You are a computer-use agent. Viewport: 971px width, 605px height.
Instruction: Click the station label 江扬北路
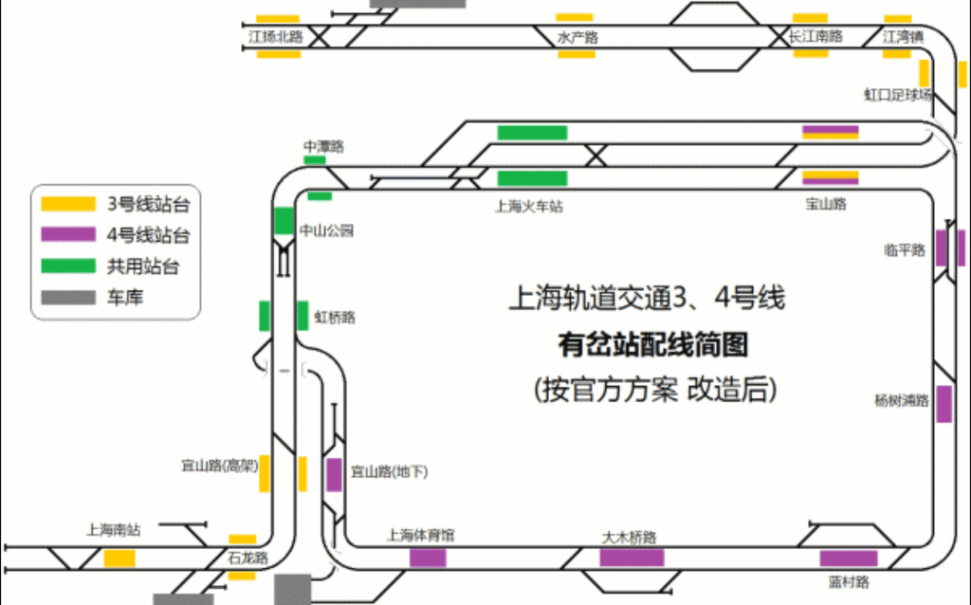point(276,37)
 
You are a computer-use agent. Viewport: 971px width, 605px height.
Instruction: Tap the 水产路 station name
point(577,38)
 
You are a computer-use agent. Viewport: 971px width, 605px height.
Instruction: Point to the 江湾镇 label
point(903,37)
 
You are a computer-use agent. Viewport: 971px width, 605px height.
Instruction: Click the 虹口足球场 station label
point(897,95)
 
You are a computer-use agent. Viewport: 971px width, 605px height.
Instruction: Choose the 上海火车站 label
point(529,206)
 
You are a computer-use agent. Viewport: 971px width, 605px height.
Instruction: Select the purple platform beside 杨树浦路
point(944,404)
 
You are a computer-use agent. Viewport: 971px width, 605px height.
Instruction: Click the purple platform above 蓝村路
point(849,559)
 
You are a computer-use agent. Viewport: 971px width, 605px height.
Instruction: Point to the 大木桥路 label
point(630,538)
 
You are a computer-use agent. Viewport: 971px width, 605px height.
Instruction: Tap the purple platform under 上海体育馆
point(428,558)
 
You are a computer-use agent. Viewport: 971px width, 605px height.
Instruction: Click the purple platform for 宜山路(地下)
point(334,474)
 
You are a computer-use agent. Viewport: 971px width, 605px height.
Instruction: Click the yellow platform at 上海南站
point(119,559)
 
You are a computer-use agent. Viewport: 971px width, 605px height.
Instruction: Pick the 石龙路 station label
point(247,558)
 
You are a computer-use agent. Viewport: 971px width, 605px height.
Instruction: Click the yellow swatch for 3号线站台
point(68,203)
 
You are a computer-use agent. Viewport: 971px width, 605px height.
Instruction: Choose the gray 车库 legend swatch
point(68,298)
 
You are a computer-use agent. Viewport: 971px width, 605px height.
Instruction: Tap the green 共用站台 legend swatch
point(68,266)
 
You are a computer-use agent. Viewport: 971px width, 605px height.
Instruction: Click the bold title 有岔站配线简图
point(652,344)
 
